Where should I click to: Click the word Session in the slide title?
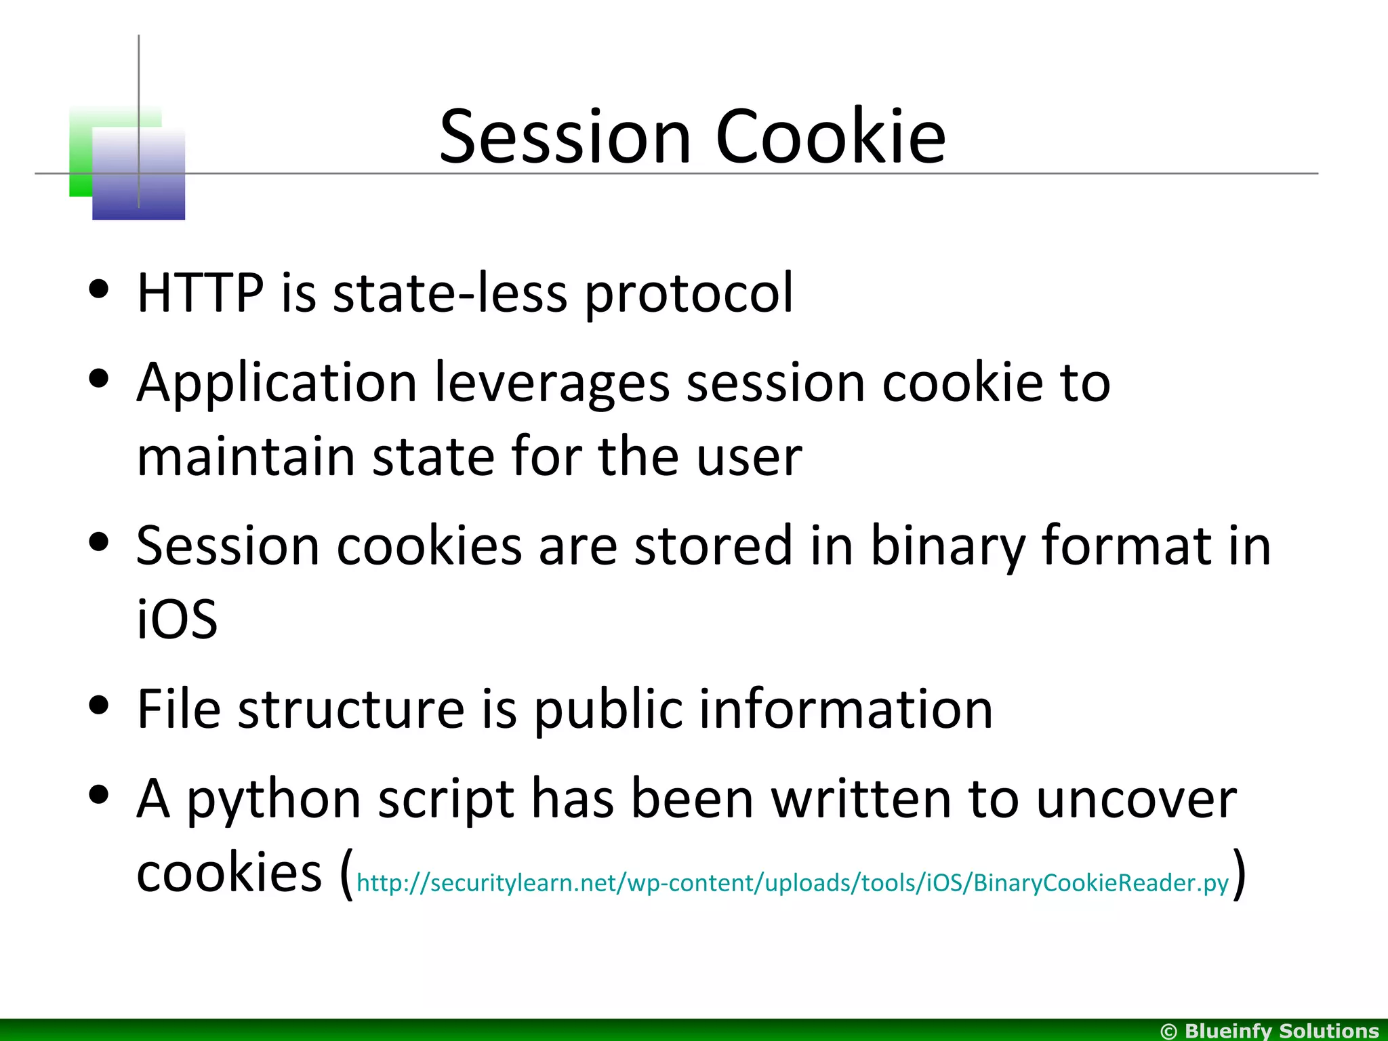click(565, 137)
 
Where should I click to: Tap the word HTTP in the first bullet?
click(200, 293)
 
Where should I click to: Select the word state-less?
click(450, 293)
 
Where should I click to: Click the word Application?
click(277, 384)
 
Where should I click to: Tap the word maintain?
click(245, 457)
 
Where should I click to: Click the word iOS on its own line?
click(177, 619)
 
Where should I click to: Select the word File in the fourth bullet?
click(179, 709)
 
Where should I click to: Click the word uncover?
click(1136, 800)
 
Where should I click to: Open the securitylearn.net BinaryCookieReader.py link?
click(792, 883)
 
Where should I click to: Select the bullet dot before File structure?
click(99, 706)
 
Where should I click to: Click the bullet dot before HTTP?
click(99, 289)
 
